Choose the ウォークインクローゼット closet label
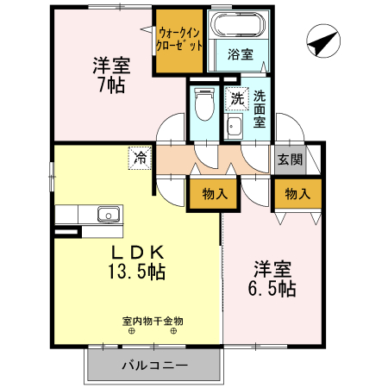pyautogui.click(x=180, y=40)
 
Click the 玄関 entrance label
pyautogui.click(x=290, y=160)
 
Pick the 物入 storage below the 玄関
pyautogui.click(x=297, y=194)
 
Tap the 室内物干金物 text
pyautogui.click(x=153, y=321)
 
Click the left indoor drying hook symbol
pyautogui.click(x=132, y=332)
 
